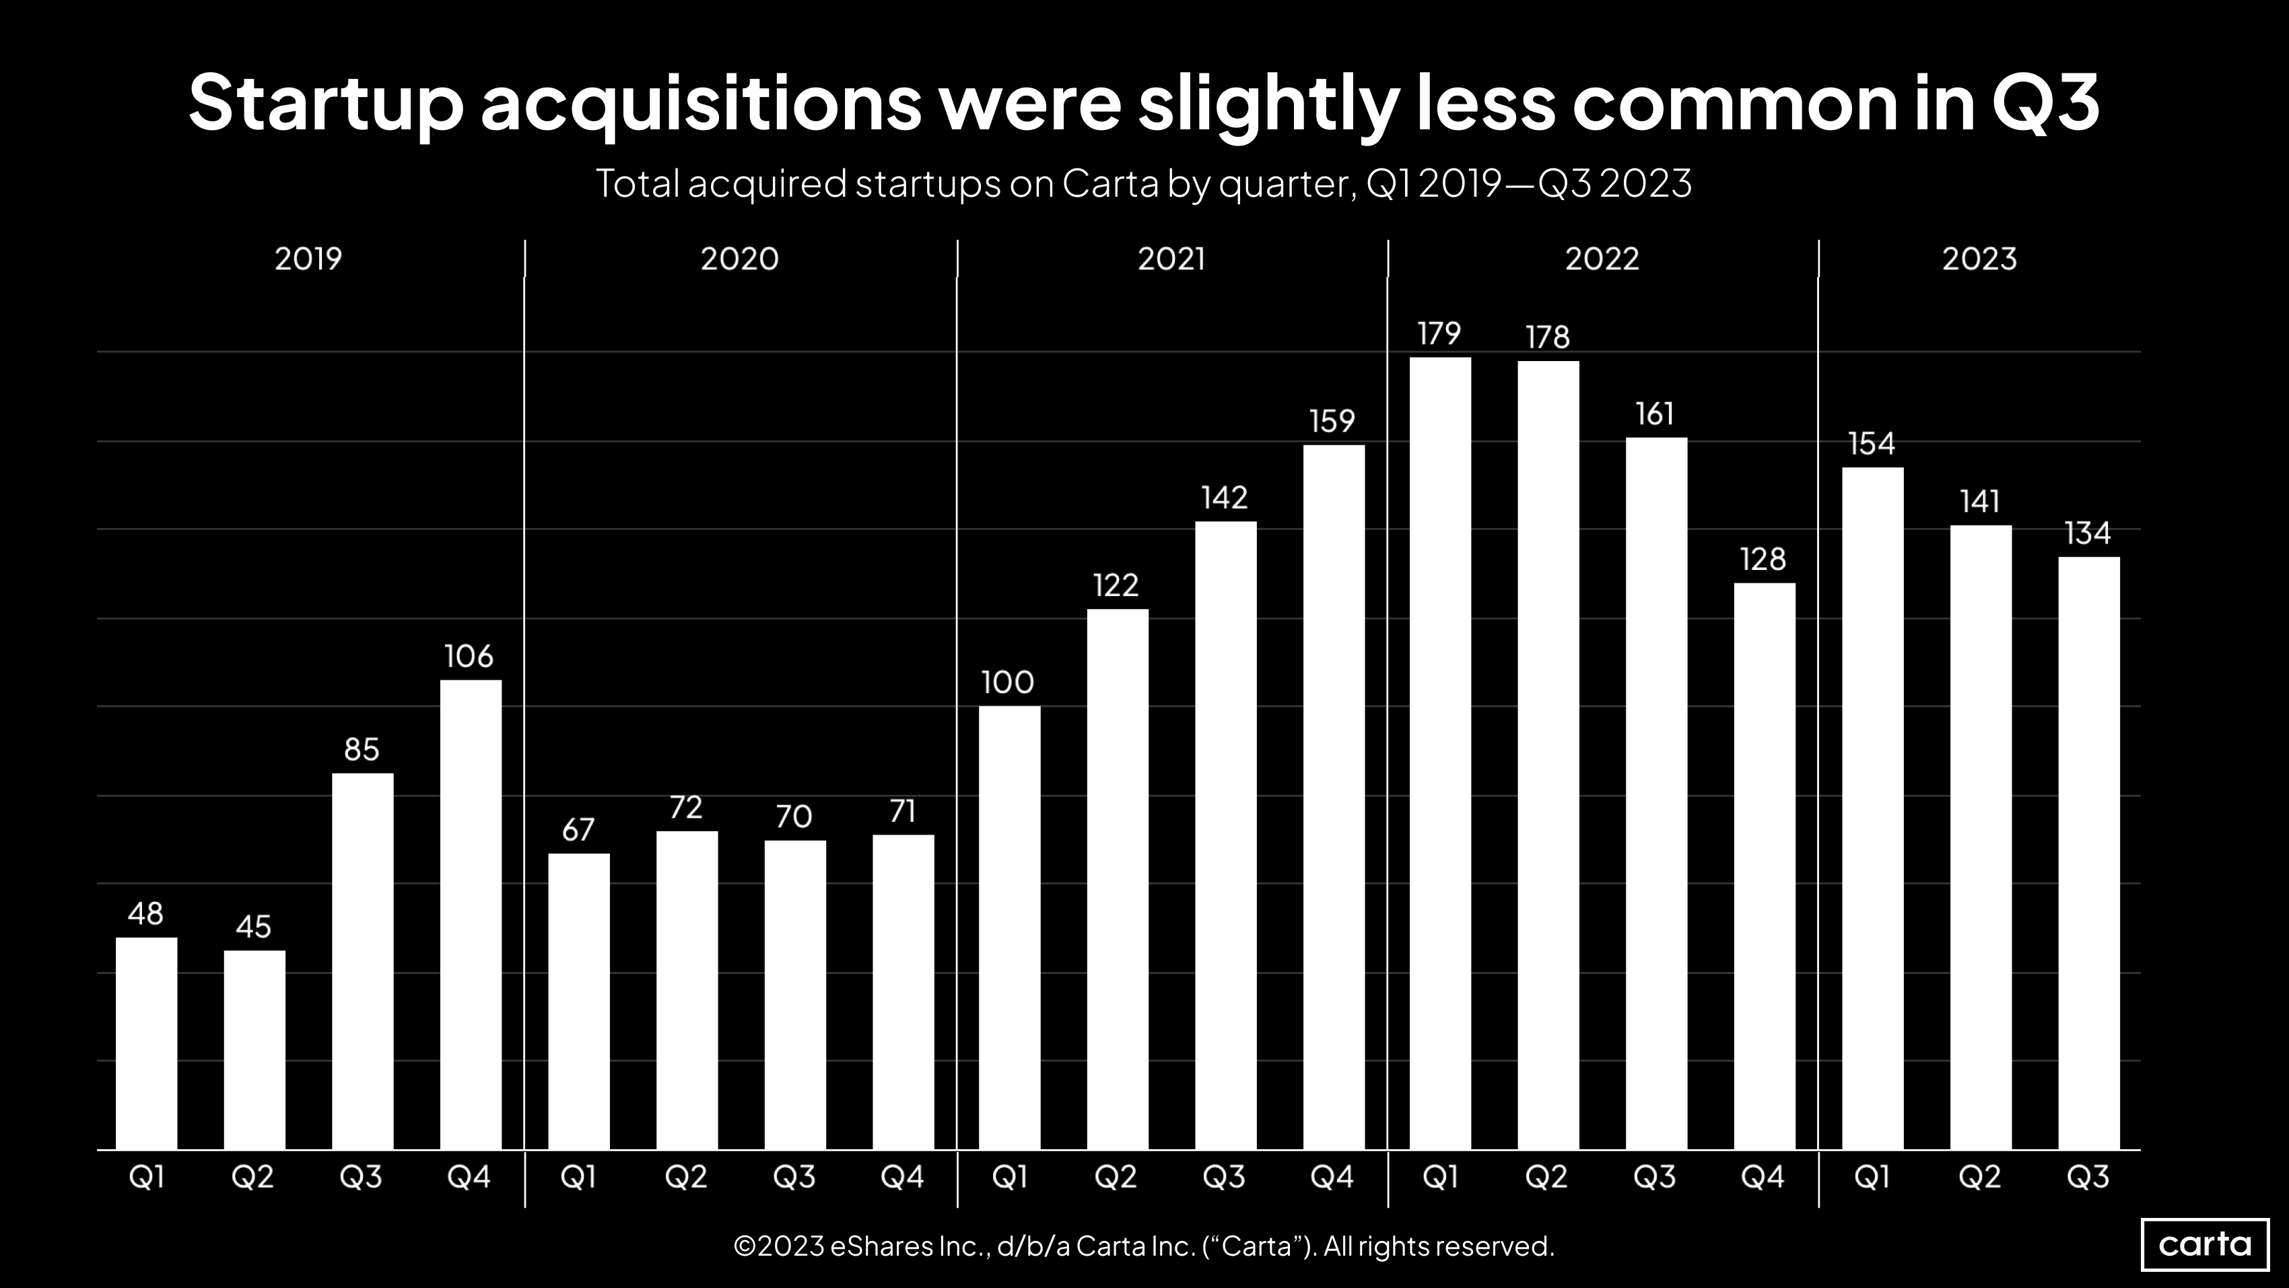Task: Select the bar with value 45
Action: [254, 1050]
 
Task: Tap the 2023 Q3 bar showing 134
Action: [2088, 854]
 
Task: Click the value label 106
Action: [469, 657]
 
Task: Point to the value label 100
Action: [1008, 682]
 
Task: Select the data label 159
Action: [1332, 421]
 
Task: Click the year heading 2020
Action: [739, 259]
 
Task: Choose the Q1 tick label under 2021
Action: [1009, 1177]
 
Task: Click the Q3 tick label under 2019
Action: [361, 1177]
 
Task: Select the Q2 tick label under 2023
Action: [1980, 1177]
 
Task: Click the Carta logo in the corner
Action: [2205, 1244]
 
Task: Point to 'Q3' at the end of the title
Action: [2045, 103]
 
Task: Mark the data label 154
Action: [1872, 443]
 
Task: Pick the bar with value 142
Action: [1225, 835]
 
